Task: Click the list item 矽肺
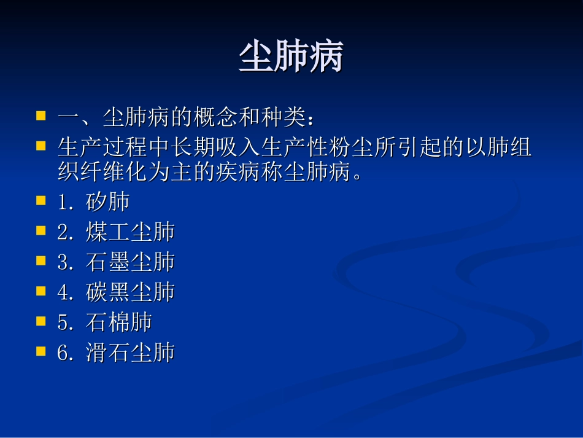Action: click(108, 202)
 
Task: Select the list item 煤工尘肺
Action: click(131, 232)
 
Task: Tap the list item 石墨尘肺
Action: click(131, 262)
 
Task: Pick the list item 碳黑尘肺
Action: click(131, 292)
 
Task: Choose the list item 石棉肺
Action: click(119, 323)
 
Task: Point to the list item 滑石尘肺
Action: click(131, 353)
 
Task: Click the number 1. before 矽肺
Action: click(65, 203)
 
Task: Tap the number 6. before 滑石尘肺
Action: click(65, 353)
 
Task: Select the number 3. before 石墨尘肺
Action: click(65, 263)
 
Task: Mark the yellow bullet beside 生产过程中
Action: click(41, 146)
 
